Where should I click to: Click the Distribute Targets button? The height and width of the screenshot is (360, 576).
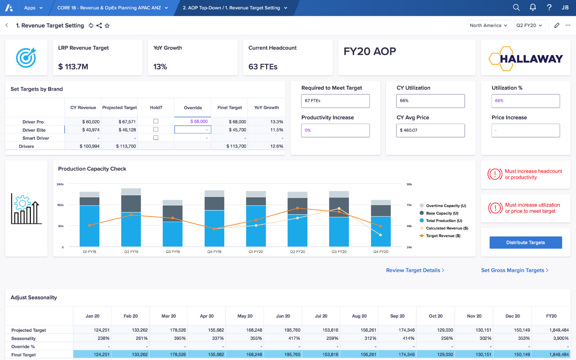[x=525, y=243]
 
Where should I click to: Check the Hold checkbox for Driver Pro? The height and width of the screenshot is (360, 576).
[x=156, y=121]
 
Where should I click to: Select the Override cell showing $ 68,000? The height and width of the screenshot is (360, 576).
[x=193, y=122]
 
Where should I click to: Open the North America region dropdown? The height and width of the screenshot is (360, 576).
[x=489, y=26]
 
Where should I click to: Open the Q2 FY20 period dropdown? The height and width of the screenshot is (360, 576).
[x=529, y=26]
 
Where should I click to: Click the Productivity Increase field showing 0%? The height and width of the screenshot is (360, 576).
[x=335, y=130]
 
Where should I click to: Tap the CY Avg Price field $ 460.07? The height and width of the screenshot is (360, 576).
[x=430, y=130]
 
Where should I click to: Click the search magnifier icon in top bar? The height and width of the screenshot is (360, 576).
[x=516, y=8]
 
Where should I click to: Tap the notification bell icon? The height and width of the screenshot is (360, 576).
[x=533, y=8]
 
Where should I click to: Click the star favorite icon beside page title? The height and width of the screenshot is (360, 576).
[x=107, y=26]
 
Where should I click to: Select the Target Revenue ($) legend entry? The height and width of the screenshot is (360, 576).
[x=443, y=236]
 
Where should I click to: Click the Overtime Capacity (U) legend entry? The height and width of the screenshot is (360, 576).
[x=446, y=206]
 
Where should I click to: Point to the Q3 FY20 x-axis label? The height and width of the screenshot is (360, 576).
[x=339, y=252]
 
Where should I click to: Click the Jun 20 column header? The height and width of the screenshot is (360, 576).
[x=283, y=316]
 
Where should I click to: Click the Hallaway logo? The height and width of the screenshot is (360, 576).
[x=526, y=58]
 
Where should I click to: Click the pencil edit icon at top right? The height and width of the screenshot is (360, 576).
[x=557, y=26]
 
